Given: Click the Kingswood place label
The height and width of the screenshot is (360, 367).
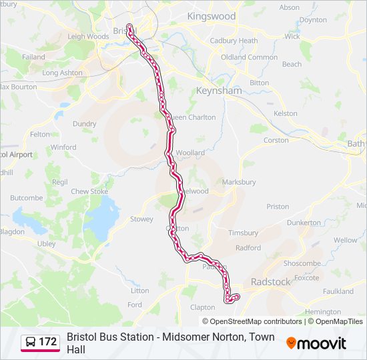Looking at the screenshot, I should click(212, 15).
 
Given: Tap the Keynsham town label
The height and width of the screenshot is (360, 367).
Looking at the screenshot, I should click(213, 89).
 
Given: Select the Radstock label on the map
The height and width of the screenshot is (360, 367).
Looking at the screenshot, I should click(271, 282).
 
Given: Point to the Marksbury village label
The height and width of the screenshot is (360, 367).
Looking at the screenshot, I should click(239, 182).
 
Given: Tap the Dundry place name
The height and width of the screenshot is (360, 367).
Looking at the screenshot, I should click(84, 123).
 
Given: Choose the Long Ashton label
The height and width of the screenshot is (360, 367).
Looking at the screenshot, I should click(63, 73).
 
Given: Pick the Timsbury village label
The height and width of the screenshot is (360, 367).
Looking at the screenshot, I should click(243, 233).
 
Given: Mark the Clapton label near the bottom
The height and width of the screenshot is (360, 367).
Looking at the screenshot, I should click(203, 307).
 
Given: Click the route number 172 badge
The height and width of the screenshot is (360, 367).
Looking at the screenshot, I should click(47, 342).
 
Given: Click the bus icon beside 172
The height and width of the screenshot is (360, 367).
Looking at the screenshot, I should click(31, 342).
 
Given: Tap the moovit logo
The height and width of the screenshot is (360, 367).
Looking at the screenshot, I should click(316, 343).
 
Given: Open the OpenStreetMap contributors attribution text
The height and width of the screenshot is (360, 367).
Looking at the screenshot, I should click(256, 321).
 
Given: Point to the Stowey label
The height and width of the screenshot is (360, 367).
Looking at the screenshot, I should click(141, 219).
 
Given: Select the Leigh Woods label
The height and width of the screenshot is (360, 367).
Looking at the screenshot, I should click(88, 37).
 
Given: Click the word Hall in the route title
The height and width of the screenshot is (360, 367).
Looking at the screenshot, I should click(76, 349).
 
